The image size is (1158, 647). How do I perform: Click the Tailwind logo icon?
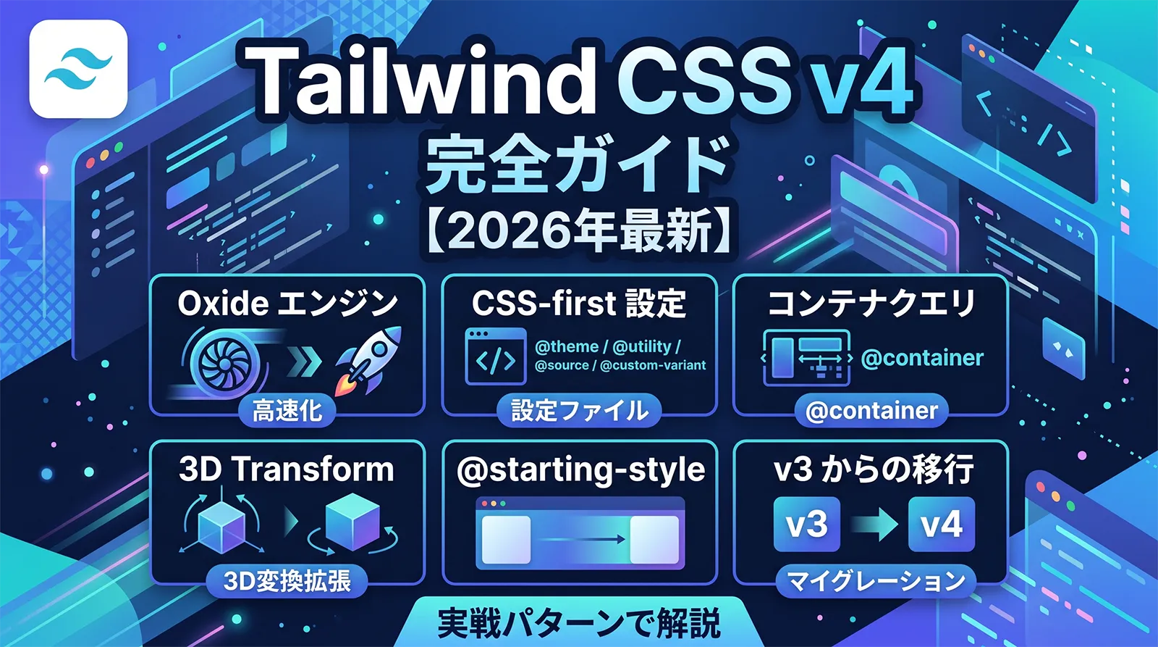pos(78,69)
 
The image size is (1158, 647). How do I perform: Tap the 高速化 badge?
pos(287,411)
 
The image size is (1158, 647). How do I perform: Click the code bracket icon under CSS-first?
pos(495,356)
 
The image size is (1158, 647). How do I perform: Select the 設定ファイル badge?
pos(579,411)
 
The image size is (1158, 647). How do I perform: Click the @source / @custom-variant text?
pos(620,365)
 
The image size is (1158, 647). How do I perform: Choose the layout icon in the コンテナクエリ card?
pos(806,357)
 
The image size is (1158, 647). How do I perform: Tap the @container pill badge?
pos(871,411)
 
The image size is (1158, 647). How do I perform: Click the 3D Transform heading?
pos(287,469)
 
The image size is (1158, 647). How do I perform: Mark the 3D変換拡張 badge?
pos(287,581)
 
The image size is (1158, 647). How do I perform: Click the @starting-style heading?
pos(580,469)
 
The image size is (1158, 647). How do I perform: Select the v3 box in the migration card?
pos(806,524)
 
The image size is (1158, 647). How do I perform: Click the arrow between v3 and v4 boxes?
pos(874,524)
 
